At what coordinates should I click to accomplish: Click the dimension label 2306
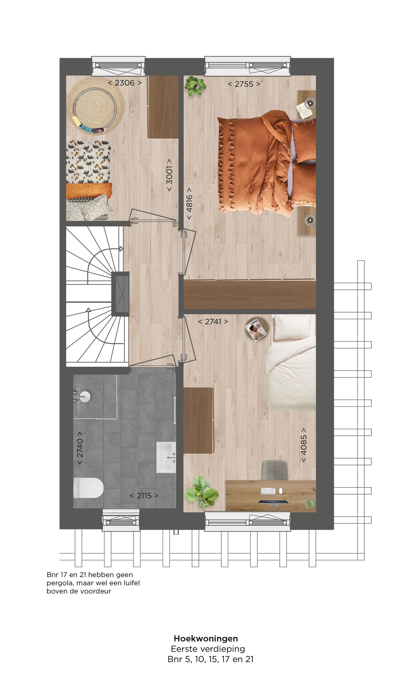(125, 83)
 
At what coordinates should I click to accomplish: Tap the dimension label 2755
(244, 84)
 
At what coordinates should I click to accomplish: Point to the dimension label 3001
(169, 175)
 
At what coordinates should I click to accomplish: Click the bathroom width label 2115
(144, 495)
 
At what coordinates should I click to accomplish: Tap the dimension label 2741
(213, 322)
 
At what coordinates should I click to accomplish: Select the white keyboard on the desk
(268, 491)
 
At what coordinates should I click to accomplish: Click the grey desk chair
(275, 470)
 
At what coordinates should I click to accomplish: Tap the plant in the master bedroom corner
(195, 86)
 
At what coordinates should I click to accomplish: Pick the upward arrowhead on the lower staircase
(89, 310)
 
